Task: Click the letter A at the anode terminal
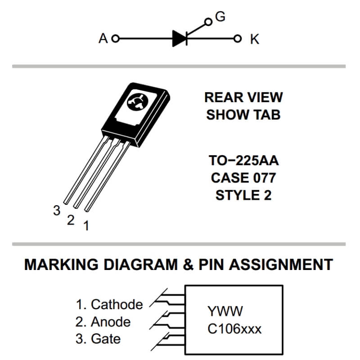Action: click(103, 39)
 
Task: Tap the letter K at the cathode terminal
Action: click(255, 40)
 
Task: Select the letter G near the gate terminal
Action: click(220, 17)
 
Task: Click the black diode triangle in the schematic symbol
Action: click(179, 39)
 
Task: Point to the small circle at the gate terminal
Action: click(207, 22)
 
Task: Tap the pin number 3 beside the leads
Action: click(57, 210)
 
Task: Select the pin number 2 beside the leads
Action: click(71, 220)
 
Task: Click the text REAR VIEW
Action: click(243, 97)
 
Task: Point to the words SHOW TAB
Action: click(243, 115)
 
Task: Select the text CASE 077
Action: click(243, 178)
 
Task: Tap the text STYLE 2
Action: click(243, 195)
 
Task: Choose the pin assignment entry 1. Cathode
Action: click(109, 305)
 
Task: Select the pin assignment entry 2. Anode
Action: click(103, 322)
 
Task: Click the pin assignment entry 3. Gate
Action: click(98, 339)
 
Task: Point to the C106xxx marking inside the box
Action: click(234, 329)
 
